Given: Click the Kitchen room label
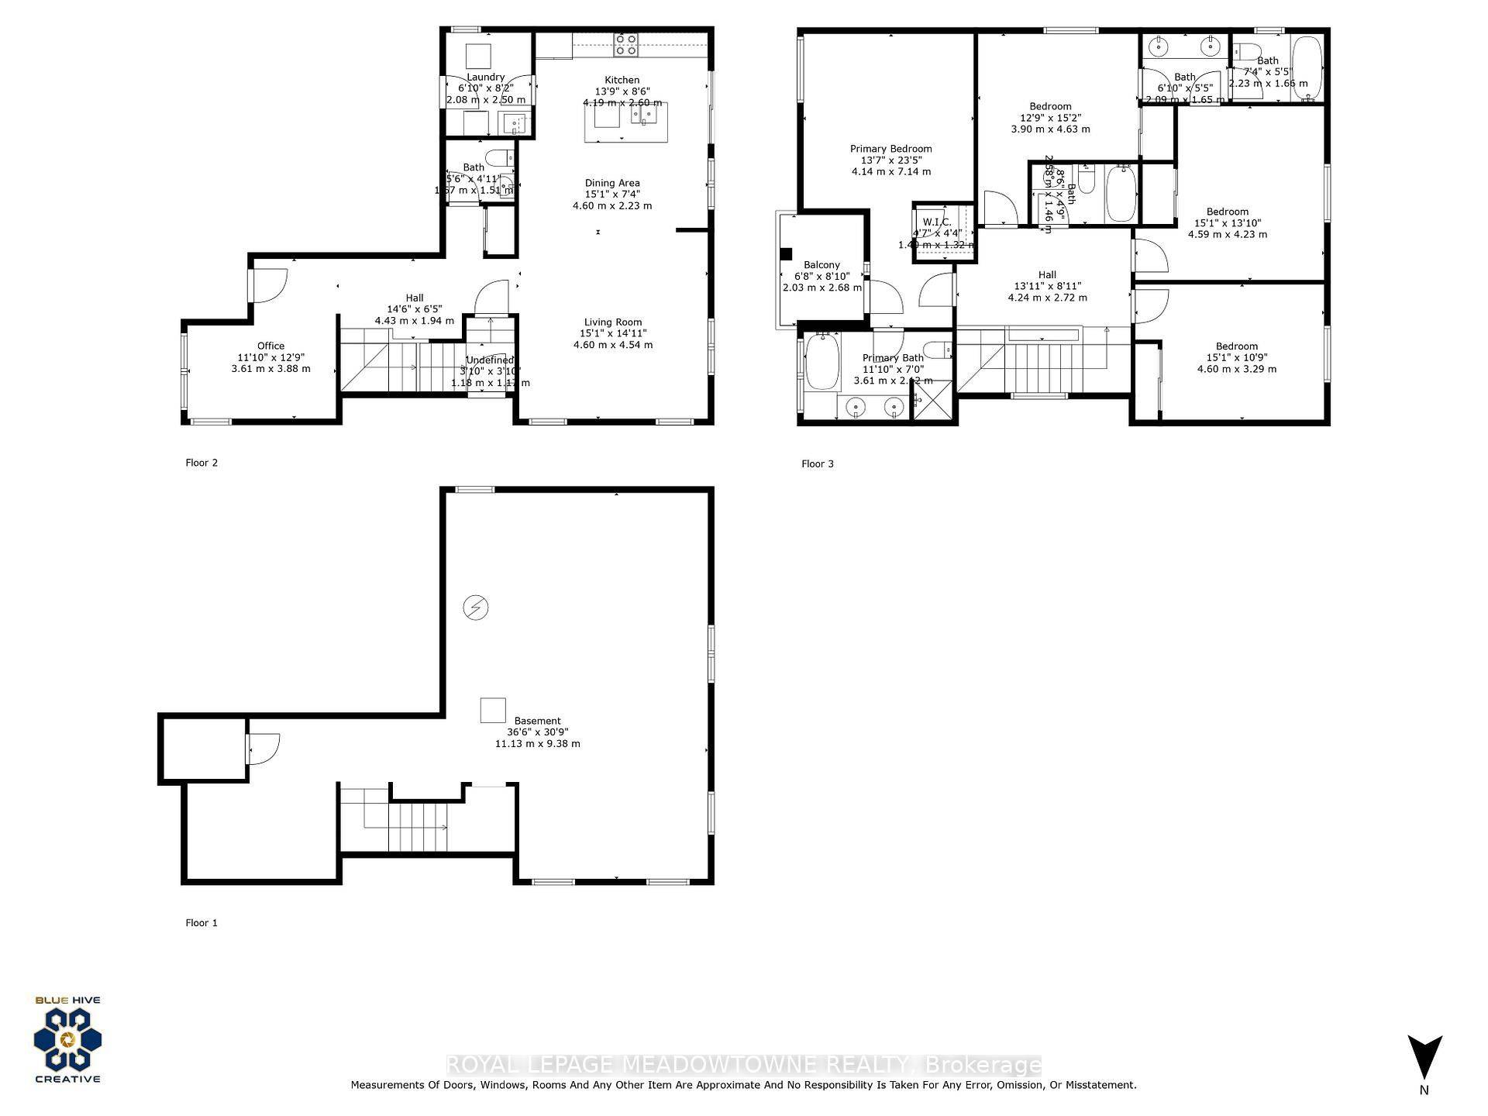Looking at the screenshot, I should click(x=622, y=80).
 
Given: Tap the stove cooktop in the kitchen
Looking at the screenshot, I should click(x=625, y=45).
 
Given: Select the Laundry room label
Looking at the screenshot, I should click(x=485, y=77).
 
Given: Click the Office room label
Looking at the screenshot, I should click(x=270, y=346).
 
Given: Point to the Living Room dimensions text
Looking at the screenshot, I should click(x=612, y=339).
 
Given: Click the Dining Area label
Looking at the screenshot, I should click(x=611, y=183).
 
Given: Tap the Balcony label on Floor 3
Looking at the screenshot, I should click(x=821, y=265).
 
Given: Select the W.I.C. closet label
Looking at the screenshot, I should click(x=936, y=222).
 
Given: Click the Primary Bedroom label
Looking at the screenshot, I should click(x=890, y=149).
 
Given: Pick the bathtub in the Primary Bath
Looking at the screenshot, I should click(x=822, y=361).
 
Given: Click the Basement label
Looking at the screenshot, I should click(x=537, y=721).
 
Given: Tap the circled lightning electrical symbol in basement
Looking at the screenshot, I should click(x=475, y=608).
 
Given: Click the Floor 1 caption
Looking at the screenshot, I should click(x=201, y=923).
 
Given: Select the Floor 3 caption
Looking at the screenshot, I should click(x=817, y=464).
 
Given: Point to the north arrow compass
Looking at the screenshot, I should click(x=1424, y=1058).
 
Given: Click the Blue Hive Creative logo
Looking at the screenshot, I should click(x=67, y=1039).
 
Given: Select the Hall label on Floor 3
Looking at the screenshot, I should click(x=1047, y=274).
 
